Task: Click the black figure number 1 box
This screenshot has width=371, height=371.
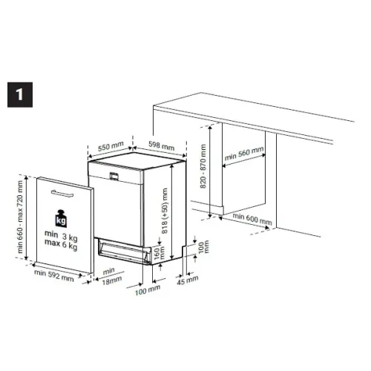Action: tap(20, 95)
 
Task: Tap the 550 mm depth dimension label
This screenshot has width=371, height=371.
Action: tap(111, 147)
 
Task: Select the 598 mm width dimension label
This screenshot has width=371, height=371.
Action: tap(162, 145)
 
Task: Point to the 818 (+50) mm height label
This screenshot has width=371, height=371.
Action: tap(165, 211)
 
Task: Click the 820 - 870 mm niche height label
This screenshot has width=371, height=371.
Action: tap(203, 166)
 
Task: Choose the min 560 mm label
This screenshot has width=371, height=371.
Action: tap(244, 154)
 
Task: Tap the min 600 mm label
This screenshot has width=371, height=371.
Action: tap(252, 219)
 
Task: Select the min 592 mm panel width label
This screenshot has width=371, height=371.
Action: tap(54, 275)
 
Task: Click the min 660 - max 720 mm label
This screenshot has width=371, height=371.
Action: tap(20, 217)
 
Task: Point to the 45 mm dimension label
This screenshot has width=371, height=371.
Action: tap(188, 280)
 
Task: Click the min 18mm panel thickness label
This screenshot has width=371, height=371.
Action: tap(111, 276)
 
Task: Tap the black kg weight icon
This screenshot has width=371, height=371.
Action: tap(61, 219)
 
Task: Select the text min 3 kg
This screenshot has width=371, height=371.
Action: tap(61, 235)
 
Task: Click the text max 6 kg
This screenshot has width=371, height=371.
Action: tap(61, 244)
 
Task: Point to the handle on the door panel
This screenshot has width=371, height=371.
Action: tap(62, 194)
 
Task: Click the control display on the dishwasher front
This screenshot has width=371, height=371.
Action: tap(114, 176)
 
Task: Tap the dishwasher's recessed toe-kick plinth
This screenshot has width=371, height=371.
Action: tap(124, 252)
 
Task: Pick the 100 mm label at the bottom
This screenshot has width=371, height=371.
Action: tap(148, 289)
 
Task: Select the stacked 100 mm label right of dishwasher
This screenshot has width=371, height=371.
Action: tap(204, 247)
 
